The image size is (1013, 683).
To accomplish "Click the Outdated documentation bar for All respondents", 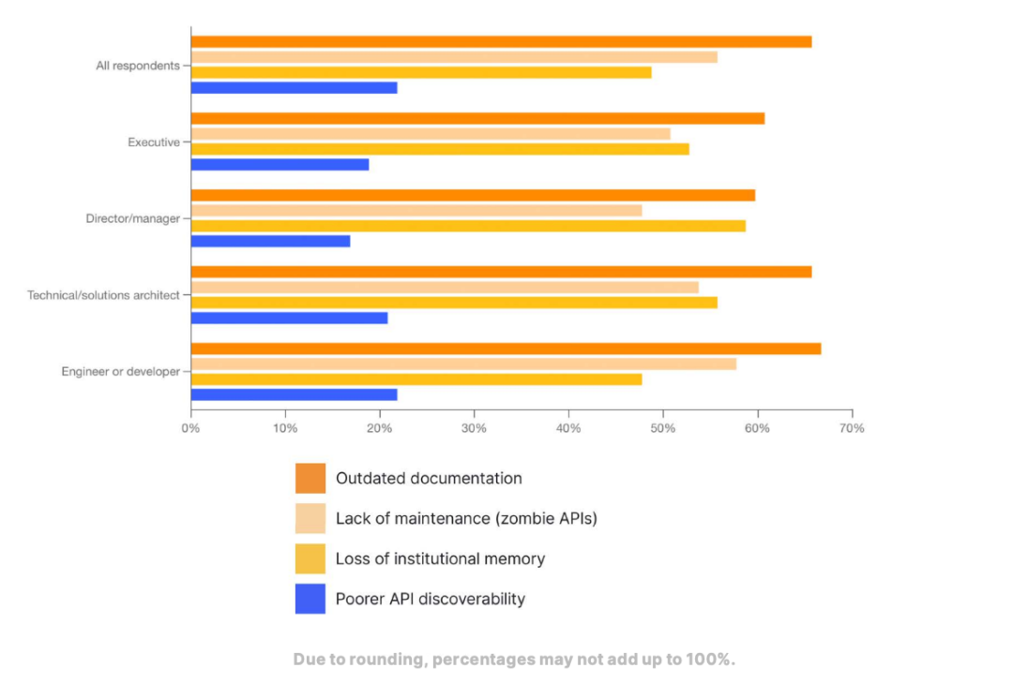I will point(501,41).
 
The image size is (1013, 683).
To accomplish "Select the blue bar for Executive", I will point(280,164).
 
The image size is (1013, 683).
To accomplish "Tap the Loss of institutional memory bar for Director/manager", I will point(468,226).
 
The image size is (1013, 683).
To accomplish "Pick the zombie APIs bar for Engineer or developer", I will point(463,364).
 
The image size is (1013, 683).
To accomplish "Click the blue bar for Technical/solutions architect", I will point(289,318).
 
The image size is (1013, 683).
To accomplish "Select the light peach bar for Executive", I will point(431,134).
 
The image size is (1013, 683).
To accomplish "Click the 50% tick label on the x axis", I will point(663,428).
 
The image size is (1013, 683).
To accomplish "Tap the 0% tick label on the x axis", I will point(190,428).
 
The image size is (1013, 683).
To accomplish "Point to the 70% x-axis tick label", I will point(852,428).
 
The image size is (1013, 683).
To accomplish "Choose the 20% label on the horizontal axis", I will point(380,428).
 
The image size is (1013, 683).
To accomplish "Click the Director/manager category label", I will point(132,218).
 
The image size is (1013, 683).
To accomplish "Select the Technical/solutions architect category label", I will point(103,295).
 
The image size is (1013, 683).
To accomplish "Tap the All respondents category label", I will point(138,66).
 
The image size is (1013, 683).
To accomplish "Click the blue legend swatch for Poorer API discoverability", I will point(310,599).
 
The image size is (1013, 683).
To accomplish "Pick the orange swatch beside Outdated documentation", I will point(310,478).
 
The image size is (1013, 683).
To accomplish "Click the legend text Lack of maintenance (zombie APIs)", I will point(466,518).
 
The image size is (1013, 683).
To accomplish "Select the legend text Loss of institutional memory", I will point(440,558).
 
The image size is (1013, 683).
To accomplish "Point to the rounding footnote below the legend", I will point(514,659).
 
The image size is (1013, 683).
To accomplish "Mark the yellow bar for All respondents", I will point(421,72).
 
